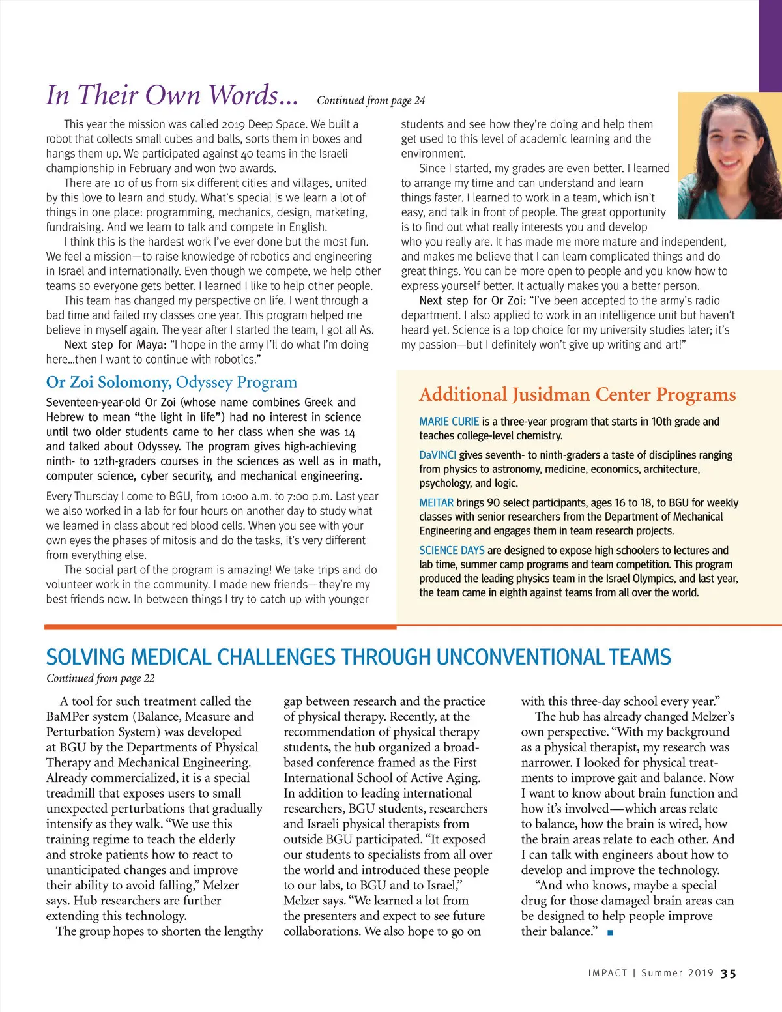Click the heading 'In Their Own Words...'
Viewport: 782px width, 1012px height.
point(172,95)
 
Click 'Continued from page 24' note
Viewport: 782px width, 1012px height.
point(371,100)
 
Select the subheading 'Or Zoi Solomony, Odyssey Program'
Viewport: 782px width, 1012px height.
point(171,382)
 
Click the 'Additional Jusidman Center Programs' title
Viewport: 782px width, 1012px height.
point(577,394)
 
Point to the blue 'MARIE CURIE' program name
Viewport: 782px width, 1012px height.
point(449,422)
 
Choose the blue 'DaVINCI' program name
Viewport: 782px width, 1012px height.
point(438,455)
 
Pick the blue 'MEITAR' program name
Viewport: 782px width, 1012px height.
point(436,502)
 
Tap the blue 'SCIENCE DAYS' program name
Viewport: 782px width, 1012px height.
point(452,550)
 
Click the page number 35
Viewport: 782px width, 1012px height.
point(729,974)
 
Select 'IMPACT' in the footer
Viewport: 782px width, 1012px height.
point(607,973)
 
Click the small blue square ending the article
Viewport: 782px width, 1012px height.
point(610,932)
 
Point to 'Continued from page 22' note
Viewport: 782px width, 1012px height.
point(100,678)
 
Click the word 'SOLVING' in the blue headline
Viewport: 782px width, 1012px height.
point(85,657)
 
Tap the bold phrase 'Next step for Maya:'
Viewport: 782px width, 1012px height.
point(115,345)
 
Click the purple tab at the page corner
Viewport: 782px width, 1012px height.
point(770,46)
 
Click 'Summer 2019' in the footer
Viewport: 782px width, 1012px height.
point(678,973)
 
